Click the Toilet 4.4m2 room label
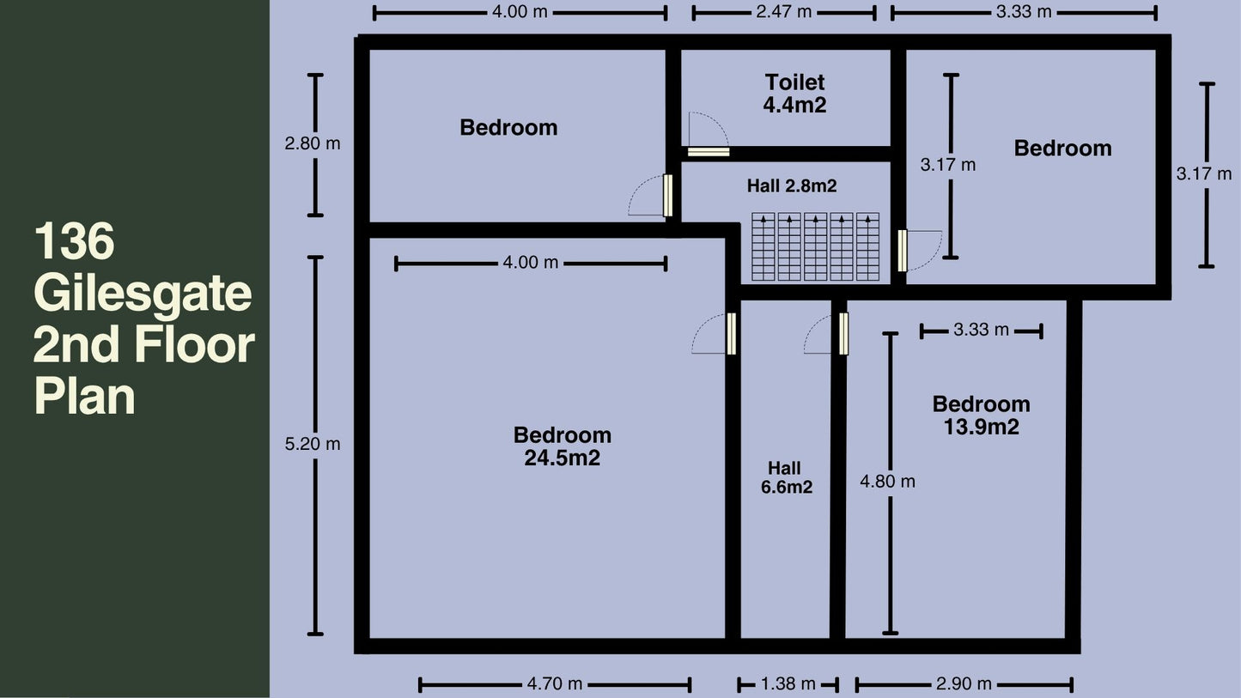(795, 94)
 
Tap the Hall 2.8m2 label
(792, 186)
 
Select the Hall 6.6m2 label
(786, 477)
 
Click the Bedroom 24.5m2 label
(563, 446)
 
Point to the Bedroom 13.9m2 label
(981, 416)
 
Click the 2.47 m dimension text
(784, 12)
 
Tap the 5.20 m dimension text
(313, 444)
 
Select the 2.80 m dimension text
(313, 144)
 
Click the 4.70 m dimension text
(555, 684)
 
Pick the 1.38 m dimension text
(788, 684)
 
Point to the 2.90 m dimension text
(964, 684)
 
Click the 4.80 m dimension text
(887, 482)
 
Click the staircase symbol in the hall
(816, 246)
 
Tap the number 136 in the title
(74, 241)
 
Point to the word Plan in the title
(85, 396)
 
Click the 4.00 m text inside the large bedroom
(531, 263)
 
